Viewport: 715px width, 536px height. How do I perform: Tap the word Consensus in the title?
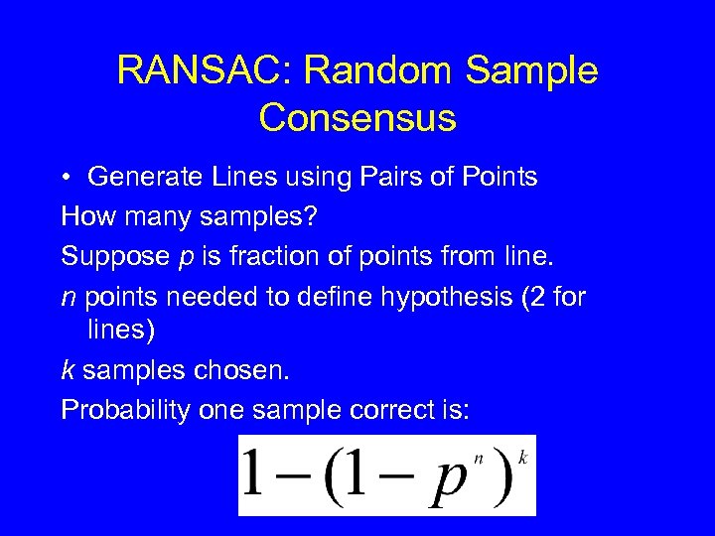[x=357, y=117]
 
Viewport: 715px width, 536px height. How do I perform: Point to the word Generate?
[x=143, y=178]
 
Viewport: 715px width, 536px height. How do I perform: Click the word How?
[x=83, y=215]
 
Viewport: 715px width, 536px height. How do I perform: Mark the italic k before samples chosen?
[x=68, y=370]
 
